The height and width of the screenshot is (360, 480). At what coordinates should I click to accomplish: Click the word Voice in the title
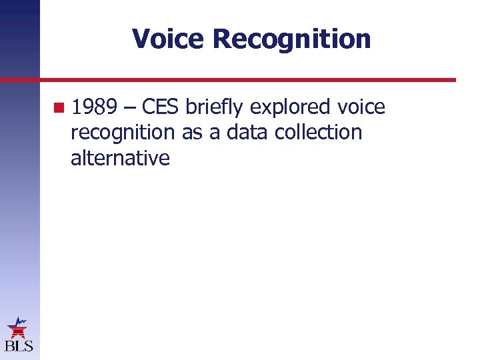pos(169,39)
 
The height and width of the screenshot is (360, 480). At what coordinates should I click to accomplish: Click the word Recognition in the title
pos(292,39)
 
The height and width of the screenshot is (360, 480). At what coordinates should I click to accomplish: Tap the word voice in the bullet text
pos(361,107)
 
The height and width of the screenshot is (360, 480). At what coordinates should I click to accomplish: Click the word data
pos(245,132)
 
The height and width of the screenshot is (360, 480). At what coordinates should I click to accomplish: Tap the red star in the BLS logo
pos(17,328)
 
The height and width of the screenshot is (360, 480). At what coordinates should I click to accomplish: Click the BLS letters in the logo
pos(19,346)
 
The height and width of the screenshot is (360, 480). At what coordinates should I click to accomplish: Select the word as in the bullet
pos(192,132)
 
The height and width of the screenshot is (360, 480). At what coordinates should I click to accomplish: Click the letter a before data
pos(214,132)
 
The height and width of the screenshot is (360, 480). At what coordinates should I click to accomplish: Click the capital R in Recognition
pos(222,39)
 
